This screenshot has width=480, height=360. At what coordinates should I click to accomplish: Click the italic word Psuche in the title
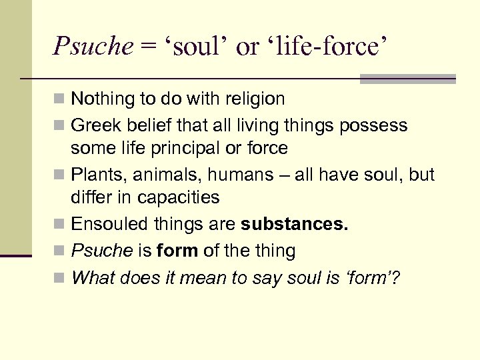(93, 45)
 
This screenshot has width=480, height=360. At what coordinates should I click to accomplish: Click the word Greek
(92, 125)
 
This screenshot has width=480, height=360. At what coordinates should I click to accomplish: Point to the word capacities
(181, 197)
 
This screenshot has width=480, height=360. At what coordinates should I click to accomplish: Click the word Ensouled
(103, 224)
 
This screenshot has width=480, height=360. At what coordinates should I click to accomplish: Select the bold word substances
(295, 224)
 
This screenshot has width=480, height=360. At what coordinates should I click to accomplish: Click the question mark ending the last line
(395, 277)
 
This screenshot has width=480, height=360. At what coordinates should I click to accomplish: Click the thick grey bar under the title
(407, 79)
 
